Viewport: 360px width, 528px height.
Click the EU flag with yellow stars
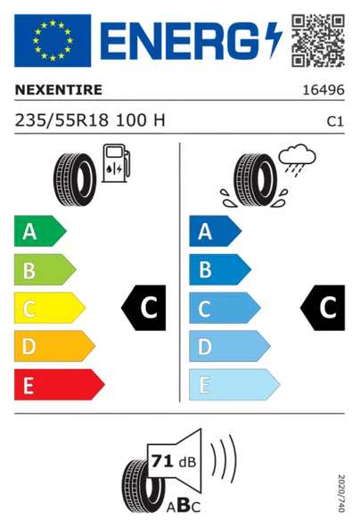[53, 40]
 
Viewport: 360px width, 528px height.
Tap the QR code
[318, 40]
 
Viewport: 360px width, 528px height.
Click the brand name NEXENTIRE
[59, 90]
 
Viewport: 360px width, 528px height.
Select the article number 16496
[323, 90]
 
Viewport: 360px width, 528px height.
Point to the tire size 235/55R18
[61, 120]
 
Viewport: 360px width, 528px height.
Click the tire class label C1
[335, 121]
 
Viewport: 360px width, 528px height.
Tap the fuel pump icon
[116, 163]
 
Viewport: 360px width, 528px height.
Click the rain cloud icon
[297, 160]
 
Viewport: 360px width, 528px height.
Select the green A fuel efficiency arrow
[40, 231]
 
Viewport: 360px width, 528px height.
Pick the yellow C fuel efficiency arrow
[50, 308]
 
